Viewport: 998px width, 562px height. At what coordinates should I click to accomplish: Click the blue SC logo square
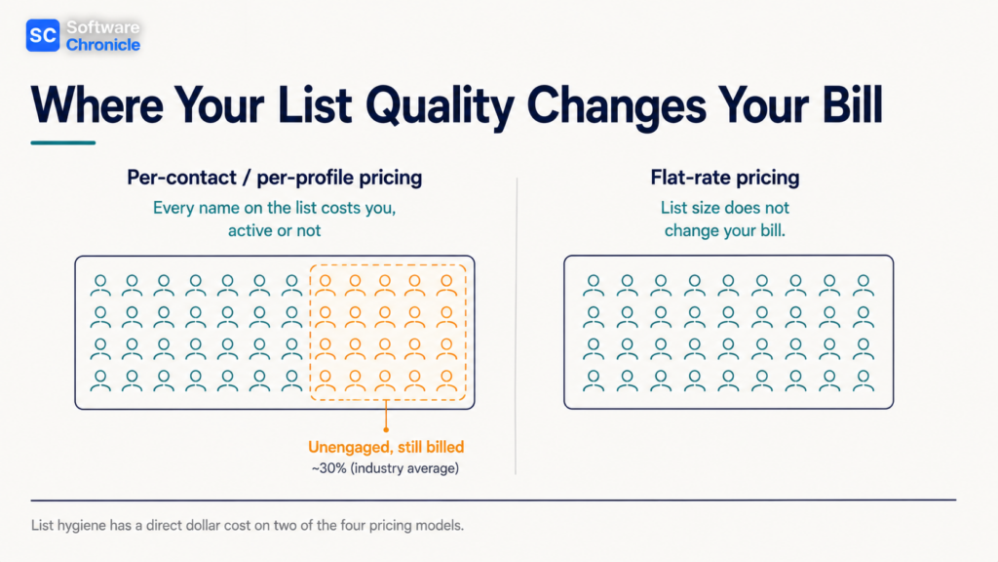pos(43,35)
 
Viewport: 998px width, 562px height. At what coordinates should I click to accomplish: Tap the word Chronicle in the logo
pos(103,45)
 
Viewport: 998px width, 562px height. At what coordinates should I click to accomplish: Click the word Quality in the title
pos(440,105)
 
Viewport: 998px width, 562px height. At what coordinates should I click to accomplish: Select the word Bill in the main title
pos(852,104)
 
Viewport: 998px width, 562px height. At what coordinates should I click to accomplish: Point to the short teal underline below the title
pos(63,142)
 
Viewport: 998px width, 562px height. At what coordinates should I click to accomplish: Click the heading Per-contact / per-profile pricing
pos(274,178)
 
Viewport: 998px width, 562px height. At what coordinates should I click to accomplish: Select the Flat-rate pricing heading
pos(725,178)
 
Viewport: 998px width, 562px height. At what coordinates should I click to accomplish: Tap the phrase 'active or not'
pos(274,230)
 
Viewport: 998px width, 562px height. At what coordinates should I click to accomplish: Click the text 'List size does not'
pos(725,208)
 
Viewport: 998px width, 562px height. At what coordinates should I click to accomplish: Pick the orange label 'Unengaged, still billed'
pos(386,447)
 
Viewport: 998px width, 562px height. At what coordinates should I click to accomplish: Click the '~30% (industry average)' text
pos(385,468)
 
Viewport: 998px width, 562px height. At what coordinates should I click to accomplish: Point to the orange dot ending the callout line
pos(386,430)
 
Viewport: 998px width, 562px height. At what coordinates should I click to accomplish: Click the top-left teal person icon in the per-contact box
pos(100,285)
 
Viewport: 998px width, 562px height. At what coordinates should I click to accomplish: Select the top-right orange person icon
pos(446,285)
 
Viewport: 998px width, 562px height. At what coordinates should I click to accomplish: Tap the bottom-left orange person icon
pos(326,380)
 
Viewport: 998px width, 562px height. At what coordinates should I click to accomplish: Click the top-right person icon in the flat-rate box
pos(864,285)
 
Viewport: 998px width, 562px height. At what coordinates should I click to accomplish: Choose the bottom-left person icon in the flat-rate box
pos(594,380)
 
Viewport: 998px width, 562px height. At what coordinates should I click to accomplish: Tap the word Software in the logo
pos(103,27)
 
